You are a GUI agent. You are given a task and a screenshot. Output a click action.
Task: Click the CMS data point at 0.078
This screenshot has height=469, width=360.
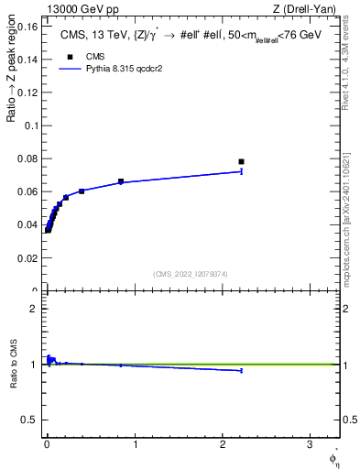[241, 162]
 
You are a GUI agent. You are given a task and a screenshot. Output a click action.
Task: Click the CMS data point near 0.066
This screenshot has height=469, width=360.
[121, 181]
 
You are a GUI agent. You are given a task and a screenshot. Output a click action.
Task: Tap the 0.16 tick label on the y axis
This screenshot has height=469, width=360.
[27, 27]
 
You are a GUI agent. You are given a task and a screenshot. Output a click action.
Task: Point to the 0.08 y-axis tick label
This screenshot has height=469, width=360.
[27, 159]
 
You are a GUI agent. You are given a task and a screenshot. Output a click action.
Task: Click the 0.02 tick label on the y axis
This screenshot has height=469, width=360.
[27, 258]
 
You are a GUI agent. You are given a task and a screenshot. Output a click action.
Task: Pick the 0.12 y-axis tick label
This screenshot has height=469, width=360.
[27, 93]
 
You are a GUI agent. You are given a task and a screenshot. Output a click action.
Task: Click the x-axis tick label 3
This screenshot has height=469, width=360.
[311, 444]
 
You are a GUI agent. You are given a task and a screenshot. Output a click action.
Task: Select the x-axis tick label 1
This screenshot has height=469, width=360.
[135, 444]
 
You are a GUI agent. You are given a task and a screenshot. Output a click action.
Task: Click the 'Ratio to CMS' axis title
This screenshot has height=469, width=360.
[14, 365]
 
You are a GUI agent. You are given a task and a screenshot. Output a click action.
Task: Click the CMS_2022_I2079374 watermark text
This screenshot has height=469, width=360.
[191, 273]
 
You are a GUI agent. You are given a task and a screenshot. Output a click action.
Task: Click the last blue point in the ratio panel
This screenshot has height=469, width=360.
[241, 370]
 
